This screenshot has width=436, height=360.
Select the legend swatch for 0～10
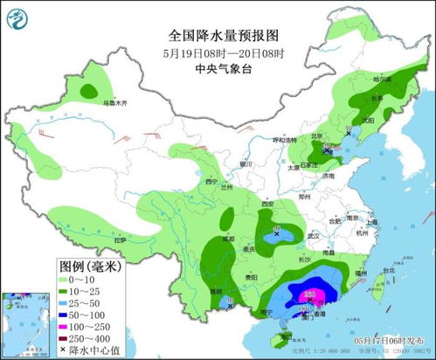(70, 278)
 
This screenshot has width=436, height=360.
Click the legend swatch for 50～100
(70, 313)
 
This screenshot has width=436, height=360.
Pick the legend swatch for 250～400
(70, 337)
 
